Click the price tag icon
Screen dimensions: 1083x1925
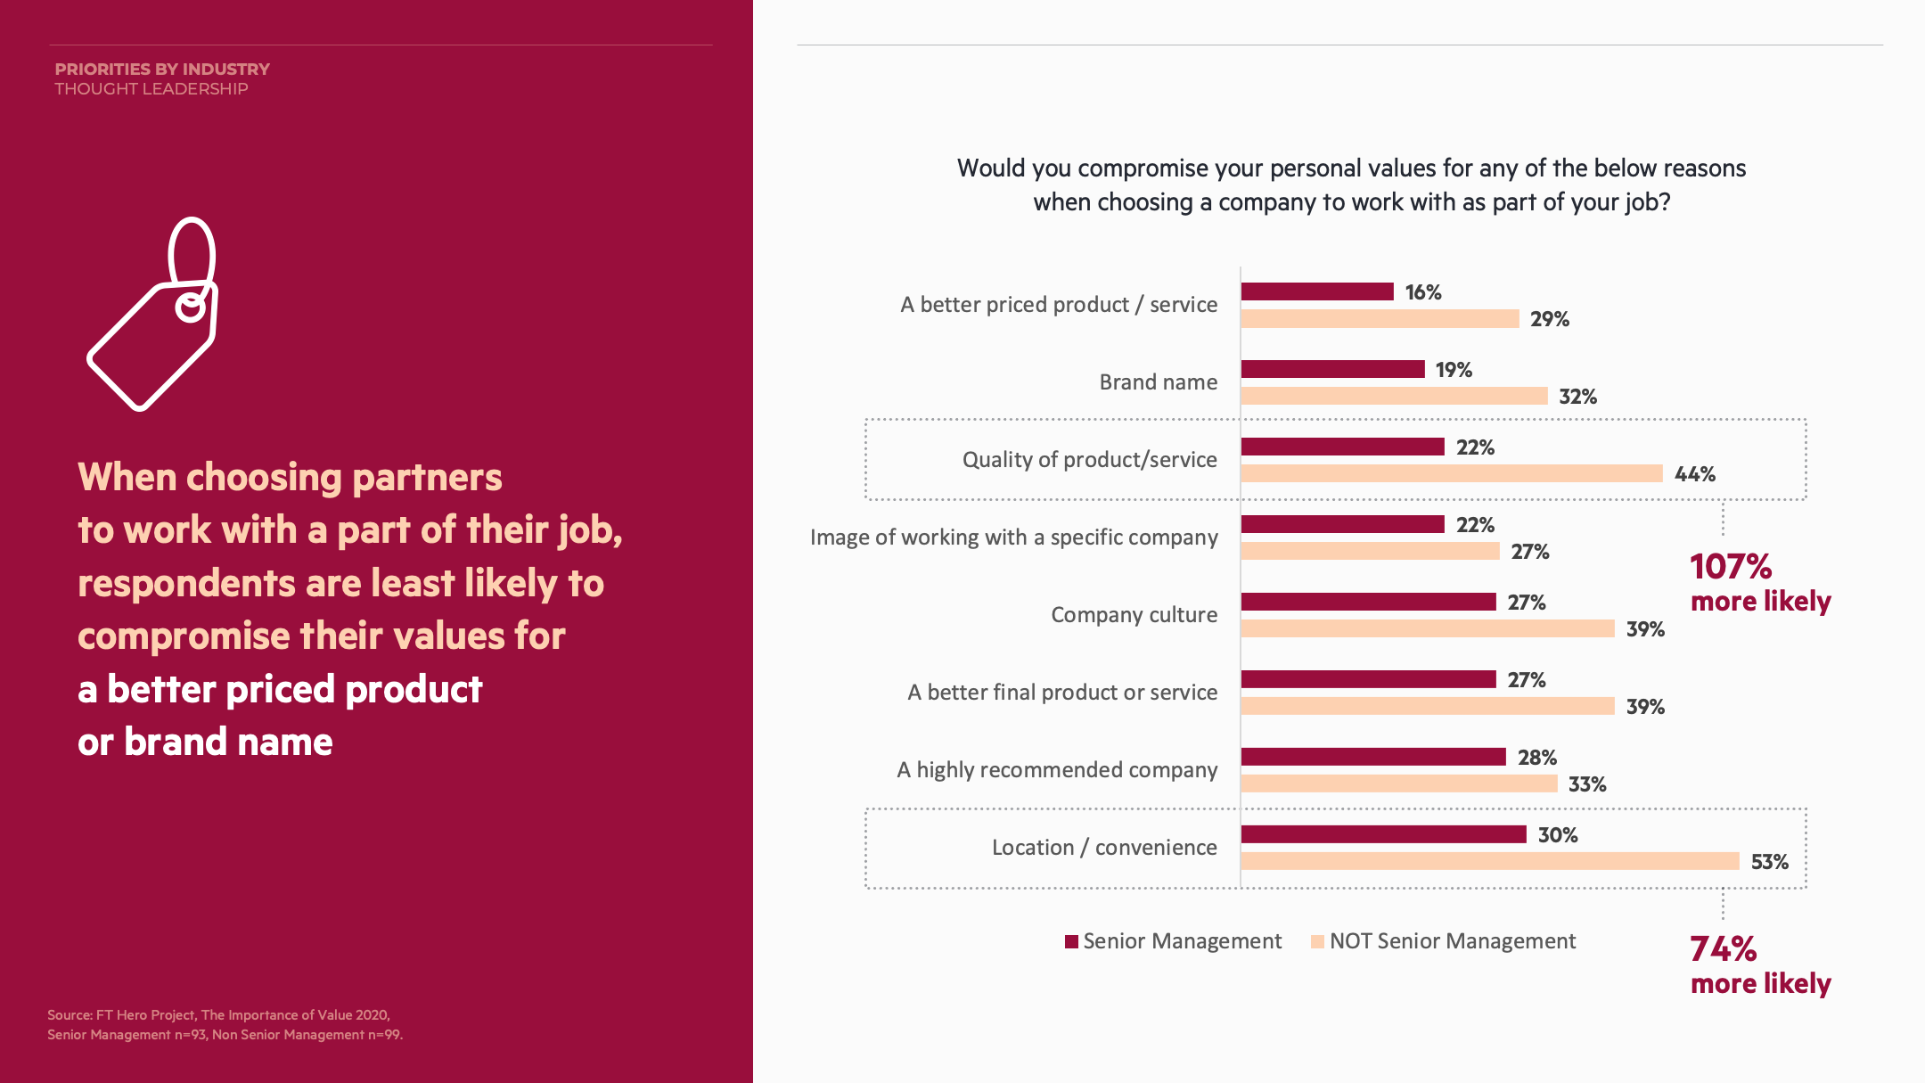[x=153, y=314]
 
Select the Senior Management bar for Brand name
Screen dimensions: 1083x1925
[x=1332, y=369]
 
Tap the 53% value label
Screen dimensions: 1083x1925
[x=1769, y=862]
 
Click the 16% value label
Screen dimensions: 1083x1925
[x=1422, y=292]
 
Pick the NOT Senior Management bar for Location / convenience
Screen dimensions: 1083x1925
[x=1489, y=861]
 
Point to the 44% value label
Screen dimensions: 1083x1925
[x=1694, y=474]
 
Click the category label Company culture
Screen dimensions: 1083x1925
[x=1134, y=615]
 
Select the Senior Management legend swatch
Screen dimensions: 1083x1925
[x=1071, y=942]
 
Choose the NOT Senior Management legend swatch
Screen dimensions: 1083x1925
[x=1317, y=942]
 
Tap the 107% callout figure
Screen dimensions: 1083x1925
[x=1731, y=567]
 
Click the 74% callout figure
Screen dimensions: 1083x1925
[x=1723, y=949]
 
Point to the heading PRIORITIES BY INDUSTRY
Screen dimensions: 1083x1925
[x=162, y=70]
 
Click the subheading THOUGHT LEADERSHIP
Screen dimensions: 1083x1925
[x=152, y=89]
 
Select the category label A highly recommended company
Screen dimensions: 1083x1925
[x=1057, y=770]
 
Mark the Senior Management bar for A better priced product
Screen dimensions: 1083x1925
[x=1317, y=291]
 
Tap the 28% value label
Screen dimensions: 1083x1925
[x=1536, y=758]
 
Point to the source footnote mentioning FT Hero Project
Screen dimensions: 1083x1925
[x=219, y=1015]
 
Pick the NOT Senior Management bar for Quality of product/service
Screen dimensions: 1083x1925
[x=1451, y=473]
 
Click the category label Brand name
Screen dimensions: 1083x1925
[x=1158, y=382]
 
